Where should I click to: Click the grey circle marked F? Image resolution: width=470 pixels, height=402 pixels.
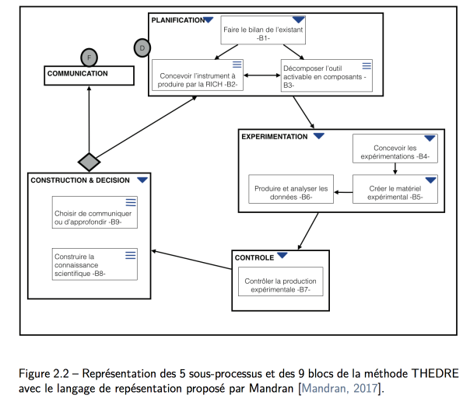(89, 58)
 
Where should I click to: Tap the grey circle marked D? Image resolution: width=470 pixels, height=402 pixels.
(142, 48)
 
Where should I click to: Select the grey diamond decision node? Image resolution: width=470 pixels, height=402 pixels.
(89, 162)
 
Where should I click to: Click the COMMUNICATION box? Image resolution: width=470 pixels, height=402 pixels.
(89, 75)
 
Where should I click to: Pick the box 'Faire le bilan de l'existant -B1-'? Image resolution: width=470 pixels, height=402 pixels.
(263, 30)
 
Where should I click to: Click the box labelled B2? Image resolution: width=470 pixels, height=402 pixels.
(198, 75)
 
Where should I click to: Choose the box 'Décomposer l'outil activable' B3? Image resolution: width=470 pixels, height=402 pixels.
(327, 75)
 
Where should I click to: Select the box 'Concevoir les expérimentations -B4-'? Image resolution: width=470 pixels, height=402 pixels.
(395, 149)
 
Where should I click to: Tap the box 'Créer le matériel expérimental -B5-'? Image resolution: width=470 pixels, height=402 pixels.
(395, 189)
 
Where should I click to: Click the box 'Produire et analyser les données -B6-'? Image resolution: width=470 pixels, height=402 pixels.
(291, 189)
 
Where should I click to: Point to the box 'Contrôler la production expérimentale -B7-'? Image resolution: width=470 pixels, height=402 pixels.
(281, 281)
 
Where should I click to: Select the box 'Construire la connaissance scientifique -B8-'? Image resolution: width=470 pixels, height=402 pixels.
(95, 264)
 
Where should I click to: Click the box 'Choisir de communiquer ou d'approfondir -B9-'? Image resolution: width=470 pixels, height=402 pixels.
(95, 212)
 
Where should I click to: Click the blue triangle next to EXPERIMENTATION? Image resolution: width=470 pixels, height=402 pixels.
(319, 136)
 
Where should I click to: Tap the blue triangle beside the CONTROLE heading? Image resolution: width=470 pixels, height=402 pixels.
(282, 255)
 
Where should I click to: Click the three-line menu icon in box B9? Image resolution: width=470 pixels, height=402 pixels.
(131, 202)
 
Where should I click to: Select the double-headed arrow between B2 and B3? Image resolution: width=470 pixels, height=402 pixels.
(262, 75)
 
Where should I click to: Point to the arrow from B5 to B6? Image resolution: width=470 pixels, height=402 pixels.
(343, 192)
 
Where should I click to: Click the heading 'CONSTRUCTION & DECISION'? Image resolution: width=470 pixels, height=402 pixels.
(80, 180)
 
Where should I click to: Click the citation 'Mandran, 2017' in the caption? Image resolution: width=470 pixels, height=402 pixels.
(339, 389)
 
